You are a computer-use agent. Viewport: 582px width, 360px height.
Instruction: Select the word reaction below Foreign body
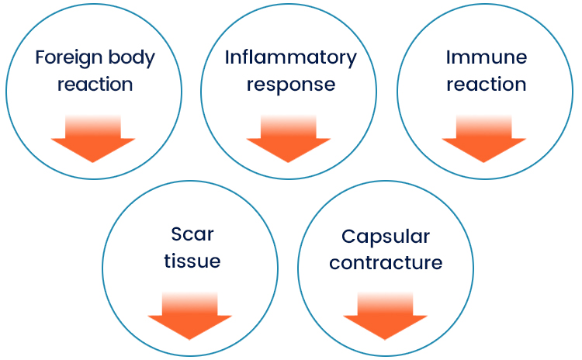pos(94,84)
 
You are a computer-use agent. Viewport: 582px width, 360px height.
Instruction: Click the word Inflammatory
pos(290,58)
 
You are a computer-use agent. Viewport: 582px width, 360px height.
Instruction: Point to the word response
pos(290,84)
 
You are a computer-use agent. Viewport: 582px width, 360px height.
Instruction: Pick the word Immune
pos(486,58)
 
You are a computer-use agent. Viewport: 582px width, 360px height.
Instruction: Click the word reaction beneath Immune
pos(486,84)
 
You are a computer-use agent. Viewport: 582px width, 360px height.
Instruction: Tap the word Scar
pos(192,234)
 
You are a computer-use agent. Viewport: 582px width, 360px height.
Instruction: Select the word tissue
pos(192,261)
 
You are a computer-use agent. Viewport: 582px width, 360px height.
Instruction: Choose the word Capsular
pos(386,236)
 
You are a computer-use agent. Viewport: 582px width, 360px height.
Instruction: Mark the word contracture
pos(386,262)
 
